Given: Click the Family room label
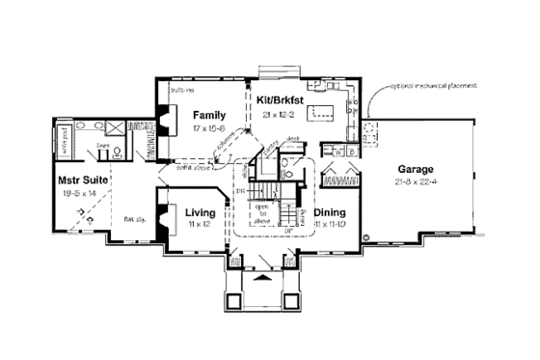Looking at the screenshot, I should (x=208, y=115).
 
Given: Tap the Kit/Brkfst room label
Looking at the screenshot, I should (x=281, y=98).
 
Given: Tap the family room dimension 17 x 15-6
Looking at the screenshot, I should (x=208, y=127).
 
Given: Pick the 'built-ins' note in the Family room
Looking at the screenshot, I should (x=176, y=90).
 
